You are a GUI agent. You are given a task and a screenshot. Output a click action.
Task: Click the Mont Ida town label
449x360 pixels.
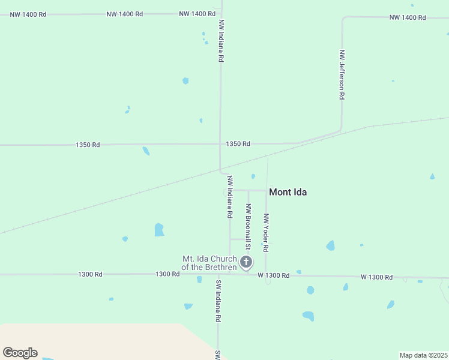[x=288, y=192]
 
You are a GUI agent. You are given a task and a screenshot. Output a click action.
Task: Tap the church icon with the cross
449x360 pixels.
[x=246, y=262]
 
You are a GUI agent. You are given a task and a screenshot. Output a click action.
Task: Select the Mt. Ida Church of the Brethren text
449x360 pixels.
[x=209, y=263]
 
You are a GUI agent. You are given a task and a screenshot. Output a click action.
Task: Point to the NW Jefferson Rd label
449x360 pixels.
[x=342, y=74]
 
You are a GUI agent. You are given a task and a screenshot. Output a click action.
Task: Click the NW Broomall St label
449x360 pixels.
[x=247, y=223]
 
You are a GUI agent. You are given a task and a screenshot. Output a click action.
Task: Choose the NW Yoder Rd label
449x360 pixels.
[x=266, y=232]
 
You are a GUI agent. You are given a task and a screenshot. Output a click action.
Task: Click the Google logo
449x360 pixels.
[x=20, y=353]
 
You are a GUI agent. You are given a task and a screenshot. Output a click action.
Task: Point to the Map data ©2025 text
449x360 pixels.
[x=424, y=355]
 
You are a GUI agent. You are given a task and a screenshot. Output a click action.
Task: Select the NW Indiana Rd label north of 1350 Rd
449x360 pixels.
[x=221, y=41]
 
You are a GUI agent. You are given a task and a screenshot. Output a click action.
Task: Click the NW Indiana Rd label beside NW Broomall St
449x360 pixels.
[x=229, y=197]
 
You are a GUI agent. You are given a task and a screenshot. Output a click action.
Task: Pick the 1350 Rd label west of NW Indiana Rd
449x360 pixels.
[x=88, y=145]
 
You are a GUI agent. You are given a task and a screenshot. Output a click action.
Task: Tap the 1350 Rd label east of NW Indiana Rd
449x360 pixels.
[x=238, y=144]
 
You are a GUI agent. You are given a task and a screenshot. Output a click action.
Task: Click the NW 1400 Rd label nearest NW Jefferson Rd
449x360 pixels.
[x=408, y=17]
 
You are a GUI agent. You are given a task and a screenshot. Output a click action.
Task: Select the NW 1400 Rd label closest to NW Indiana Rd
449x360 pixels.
[x=197, y=13]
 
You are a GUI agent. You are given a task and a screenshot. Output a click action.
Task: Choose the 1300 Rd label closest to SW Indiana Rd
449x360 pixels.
[x=167, y=274]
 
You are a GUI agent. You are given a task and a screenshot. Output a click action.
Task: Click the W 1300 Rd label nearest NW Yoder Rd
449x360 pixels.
[x=274, y=275]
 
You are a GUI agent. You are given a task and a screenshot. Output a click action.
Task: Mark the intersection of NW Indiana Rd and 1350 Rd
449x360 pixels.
[x=220, y=144]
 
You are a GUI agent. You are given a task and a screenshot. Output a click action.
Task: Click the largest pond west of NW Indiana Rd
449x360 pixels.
[x=159, y=230]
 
